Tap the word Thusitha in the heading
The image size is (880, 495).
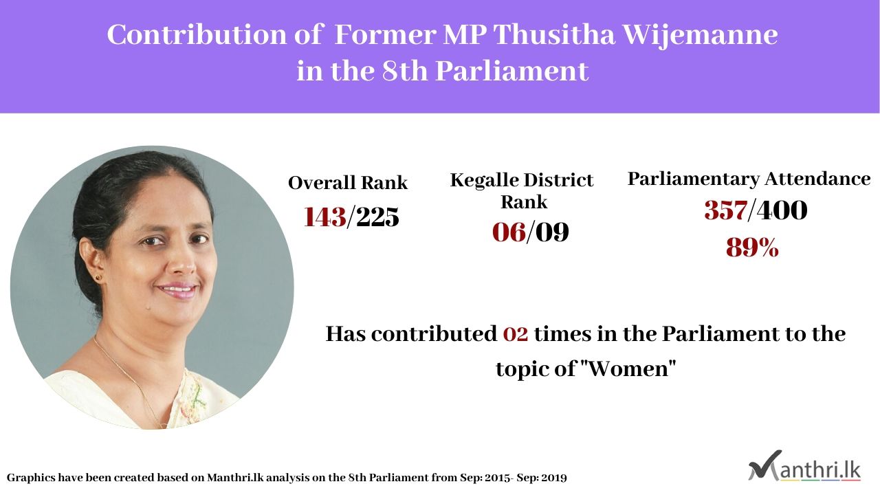click(554, 34)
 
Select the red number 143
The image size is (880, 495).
click(325, 217)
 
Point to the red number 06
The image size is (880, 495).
click(509, 232)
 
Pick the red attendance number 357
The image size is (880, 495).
click(726, 210)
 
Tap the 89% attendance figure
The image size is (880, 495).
click(752, 247)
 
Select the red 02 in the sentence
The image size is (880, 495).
click(516, 334)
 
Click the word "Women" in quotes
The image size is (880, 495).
click(628, 368)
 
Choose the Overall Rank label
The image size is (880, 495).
click(348, 183)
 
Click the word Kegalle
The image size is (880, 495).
click(484, 181)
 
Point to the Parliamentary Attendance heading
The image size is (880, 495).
click(749, 179)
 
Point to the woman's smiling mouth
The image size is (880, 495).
click(177, 290)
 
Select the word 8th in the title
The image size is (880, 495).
click(405, 71)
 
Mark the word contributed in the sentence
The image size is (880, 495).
click(434, 334)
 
